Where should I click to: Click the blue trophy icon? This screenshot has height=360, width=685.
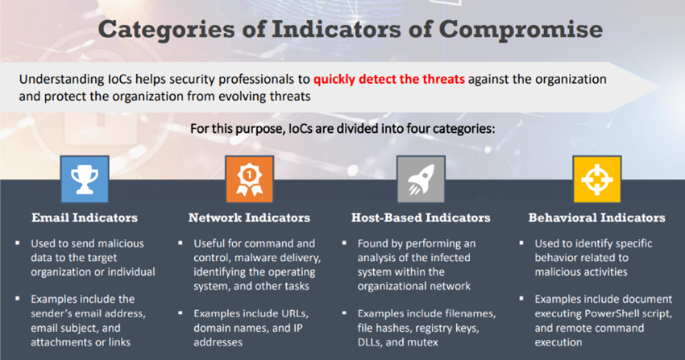pyautogui.click(x=85, y=180)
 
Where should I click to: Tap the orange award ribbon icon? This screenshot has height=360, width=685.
pyautogui.click(x=250, y=180)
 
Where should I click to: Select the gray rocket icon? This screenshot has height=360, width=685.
pyautogui.click(x=421, y=180)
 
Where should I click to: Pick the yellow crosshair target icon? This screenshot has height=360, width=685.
pyautogui.click(x=596, y=180)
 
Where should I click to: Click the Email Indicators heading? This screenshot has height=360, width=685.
pyautogui.click(x=85, y=217)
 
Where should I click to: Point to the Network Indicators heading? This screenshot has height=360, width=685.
pyautogui.click(x=249, y=217)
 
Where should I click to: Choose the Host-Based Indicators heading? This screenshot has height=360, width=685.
pyautogui.click(x=421, y=217)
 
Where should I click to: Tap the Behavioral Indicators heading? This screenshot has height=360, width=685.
pyautogui.click(x=596, y=217)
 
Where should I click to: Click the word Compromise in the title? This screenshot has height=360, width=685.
pyautogui.click(x=521, y=30)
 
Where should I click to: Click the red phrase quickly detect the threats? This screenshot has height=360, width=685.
pyautogui.click(x=389, y=80)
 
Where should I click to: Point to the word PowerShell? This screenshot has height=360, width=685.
pyautogui.click(x=612, y=314)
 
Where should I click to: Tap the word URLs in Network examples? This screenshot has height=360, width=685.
pyautogui.click(x=293, y=314)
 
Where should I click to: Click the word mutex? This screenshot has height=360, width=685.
pyautogui.click(x=422, y=342)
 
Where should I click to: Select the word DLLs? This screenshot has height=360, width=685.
pyautogui.click(x=370, y=342)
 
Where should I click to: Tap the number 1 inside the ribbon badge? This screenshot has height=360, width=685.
pyautogui.click(x=249, y=175)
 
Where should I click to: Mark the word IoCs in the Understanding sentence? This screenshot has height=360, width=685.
pyautogui.click(x=119, y=80)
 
